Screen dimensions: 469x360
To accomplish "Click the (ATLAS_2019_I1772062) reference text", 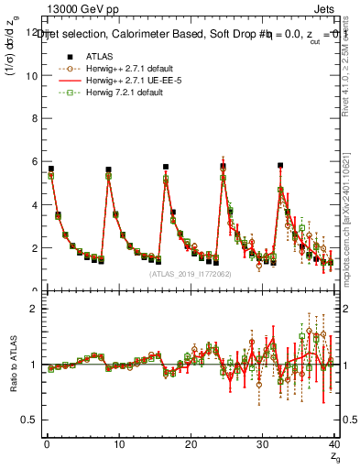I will [x=191, y=273].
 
